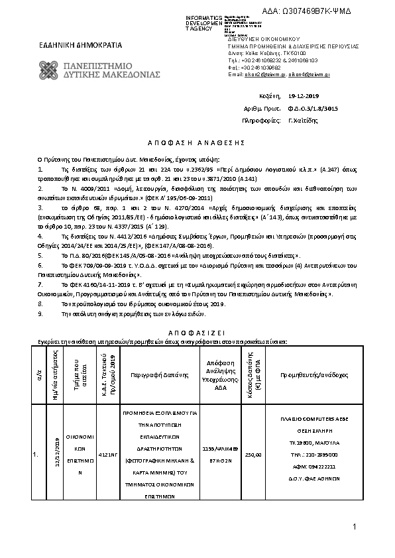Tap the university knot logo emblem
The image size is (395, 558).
[50, 70]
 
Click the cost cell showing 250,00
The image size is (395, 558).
[253, 455]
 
